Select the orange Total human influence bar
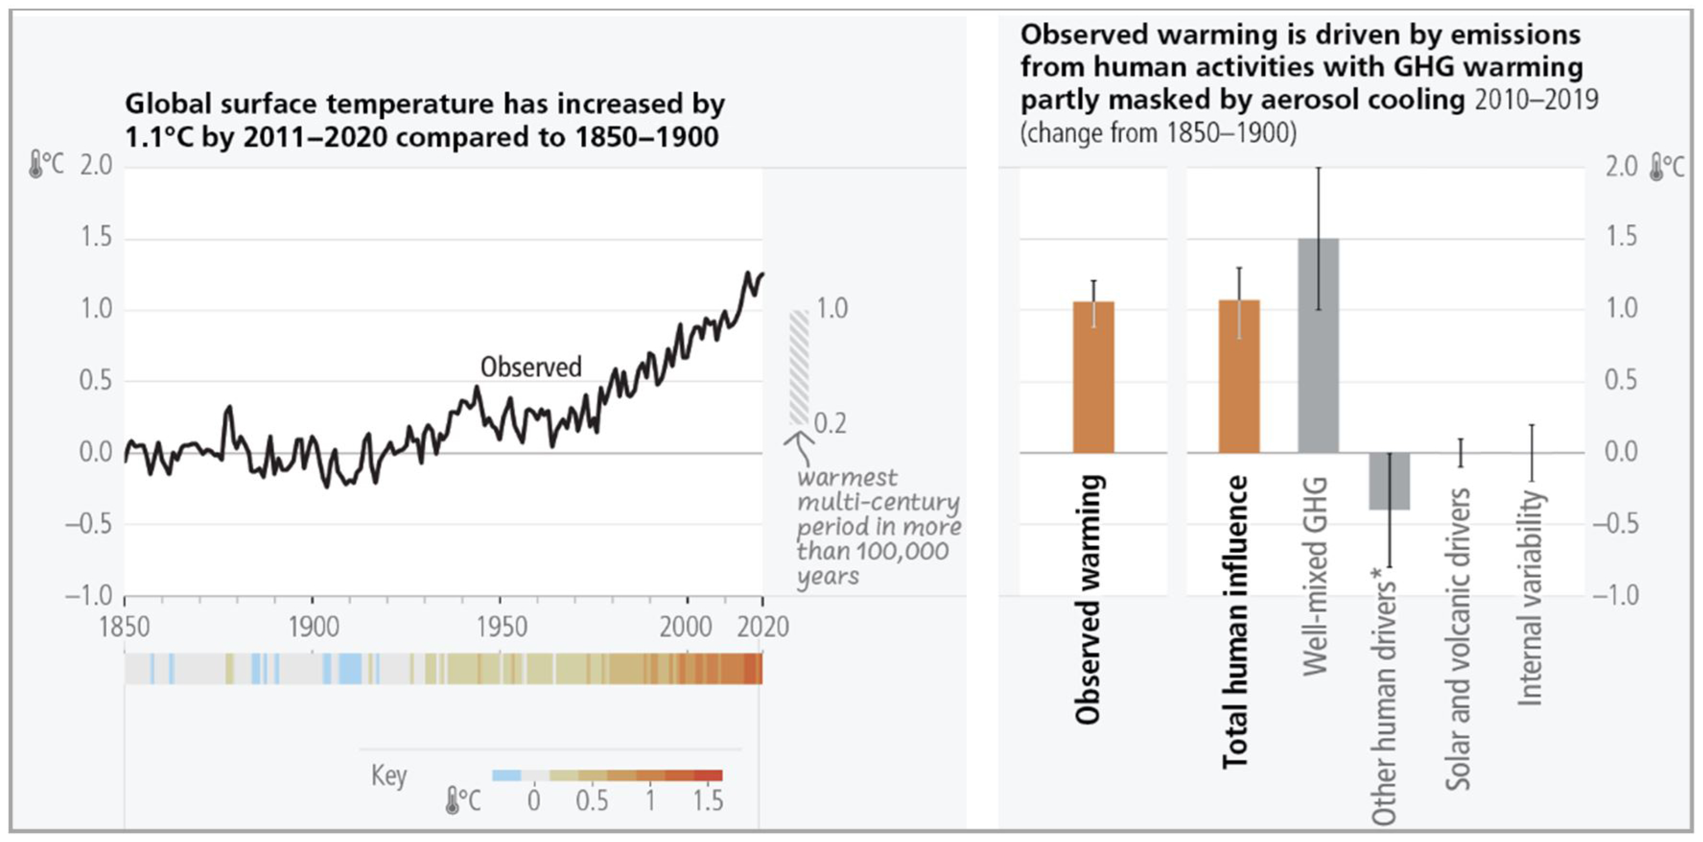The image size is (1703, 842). click(x=1239, y=377)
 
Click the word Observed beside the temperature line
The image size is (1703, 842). click(x=531, y=367)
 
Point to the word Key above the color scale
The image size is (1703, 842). click(x=389, y=775)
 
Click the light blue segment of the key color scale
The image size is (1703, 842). click(x=506, y=775)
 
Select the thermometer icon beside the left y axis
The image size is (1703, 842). click(x=35, y=165)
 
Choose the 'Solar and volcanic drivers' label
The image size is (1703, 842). click(x=1457, y=638)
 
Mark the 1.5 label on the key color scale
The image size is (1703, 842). click(x=708, y=801)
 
